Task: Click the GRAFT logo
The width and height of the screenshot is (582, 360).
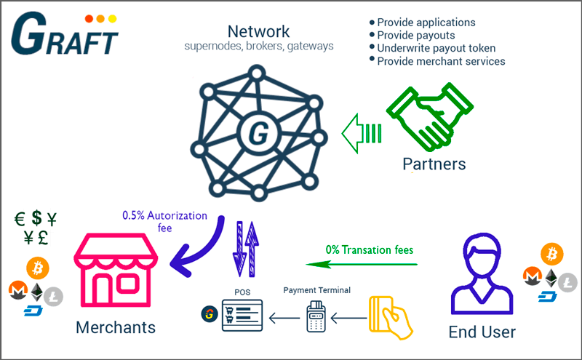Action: [64, 33]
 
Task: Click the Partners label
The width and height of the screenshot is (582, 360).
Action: [434, 164]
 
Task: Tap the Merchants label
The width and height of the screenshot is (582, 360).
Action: [116, 327]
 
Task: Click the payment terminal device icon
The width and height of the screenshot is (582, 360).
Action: [316, 316]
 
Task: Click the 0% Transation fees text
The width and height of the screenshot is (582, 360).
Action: [370, 249]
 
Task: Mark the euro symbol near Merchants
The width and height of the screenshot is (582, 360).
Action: [23, 218]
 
